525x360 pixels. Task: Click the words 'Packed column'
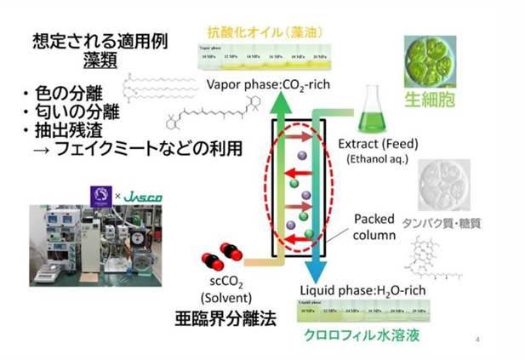374,225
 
